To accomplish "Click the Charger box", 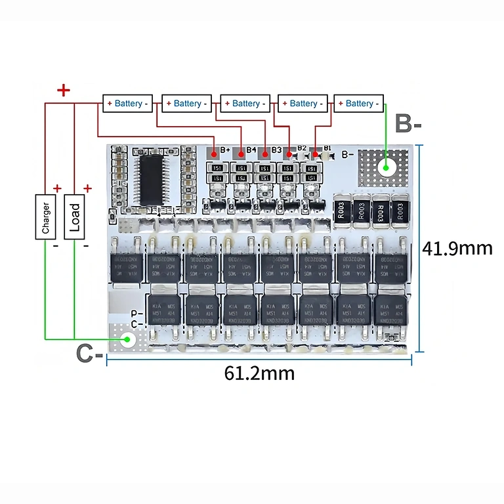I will click(x=45, y=218).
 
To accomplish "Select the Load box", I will click(x=75, y=218).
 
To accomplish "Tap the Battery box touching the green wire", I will click(x=359, y=104).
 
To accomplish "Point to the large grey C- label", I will click(x=89, y=353).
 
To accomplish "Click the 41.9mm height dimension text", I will click(x=457, y=249).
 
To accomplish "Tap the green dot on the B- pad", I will click(x=387, y=167).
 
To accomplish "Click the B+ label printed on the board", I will click(x=225, y=150).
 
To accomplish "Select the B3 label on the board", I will click(x=276, y=150).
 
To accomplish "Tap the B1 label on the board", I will click(x=327, y=149).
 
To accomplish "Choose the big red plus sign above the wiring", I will click(x=64, y=91).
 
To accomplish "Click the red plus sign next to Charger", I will click(x=57, y=189).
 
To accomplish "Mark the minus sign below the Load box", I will click(x=86, y=245).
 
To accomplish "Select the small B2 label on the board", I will click(x=302, y=148).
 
